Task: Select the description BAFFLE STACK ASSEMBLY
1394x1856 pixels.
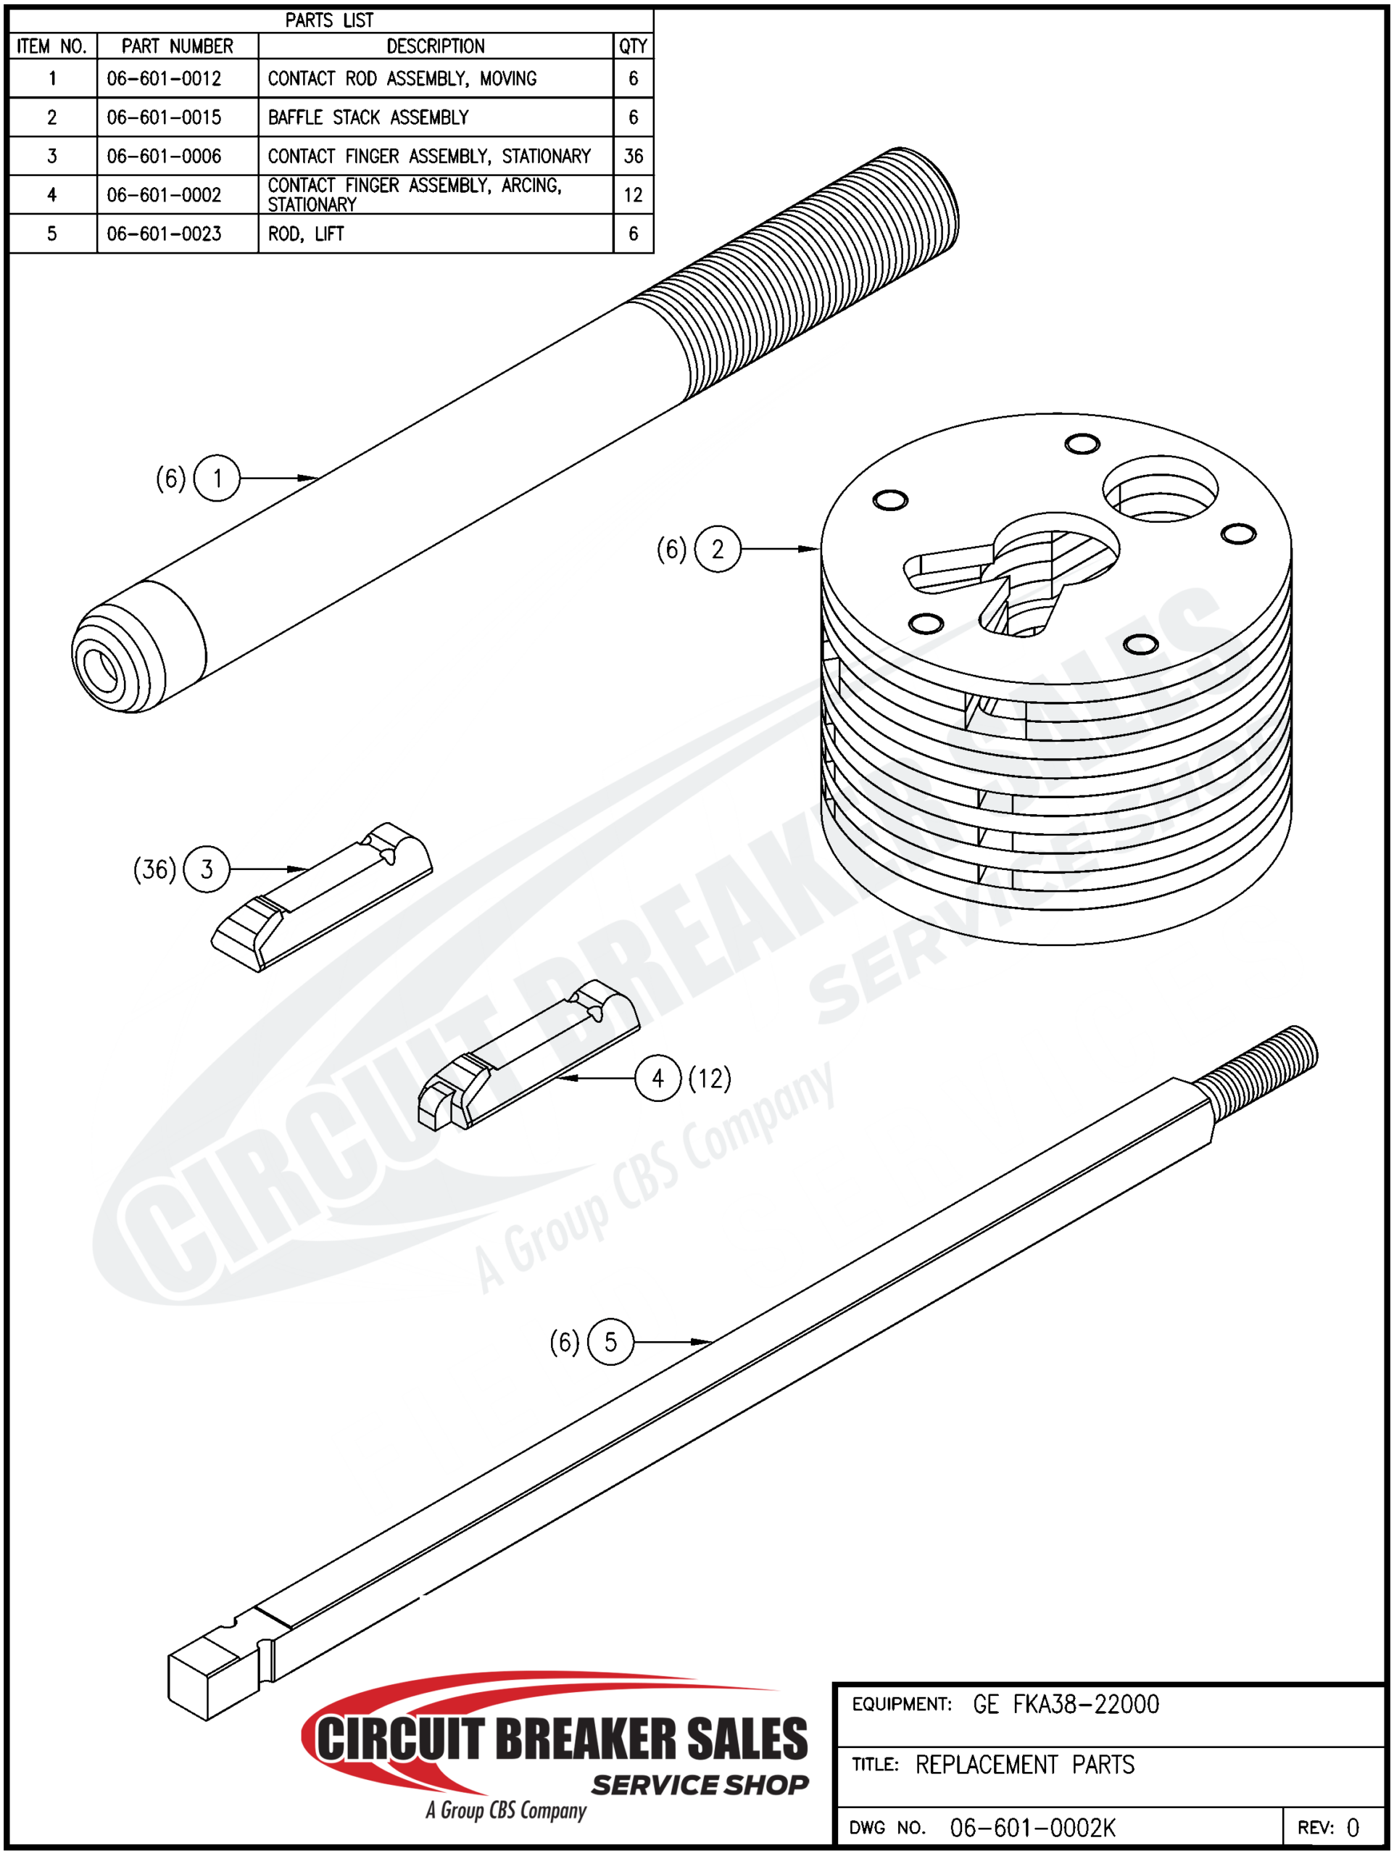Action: (x=368, y=117)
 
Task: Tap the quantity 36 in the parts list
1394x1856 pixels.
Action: (x=634, y=156)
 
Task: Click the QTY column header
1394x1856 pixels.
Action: (x=634, y=46)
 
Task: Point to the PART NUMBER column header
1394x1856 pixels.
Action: (x=177, y=46)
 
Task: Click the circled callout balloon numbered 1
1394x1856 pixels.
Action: (x=217, y=478)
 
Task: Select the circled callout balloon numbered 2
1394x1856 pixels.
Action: (x=718, y=549)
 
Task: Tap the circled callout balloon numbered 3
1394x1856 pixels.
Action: (x=207, y=869)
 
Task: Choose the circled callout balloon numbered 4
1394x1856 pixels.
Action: (x=657, y=1078)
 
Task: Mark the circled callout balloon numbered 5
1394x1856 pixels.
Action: (x=610, y=1342)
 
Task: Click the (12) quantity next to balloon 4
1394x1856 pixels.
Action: (x=710, y=1078)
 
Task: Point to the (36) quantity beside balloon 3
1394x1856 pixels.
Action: (x=155, y=869)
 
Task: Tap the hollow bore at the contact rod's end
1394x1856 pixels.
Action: (x=101, y=668)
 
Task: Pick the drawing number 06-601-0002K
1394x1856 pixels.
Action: (x=1032, y=1828)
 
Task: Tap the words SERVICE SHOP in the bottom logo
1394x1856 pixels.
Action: (x=700, y=1785)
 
